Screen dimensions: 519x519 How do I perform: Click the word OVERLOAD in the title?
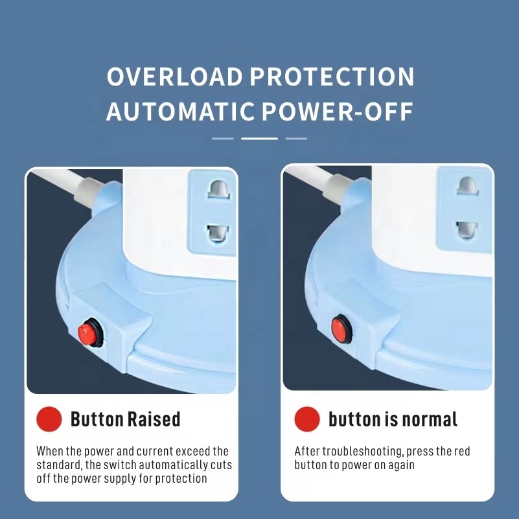[x=175, y=76]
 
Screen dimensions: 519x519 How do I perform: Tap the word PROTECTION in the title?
[x=332, y=76]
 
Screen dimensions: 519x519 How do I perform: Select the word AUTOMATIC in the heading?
[x=180, y=111]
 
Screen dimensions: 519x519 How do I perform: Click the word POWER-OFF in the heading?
[x=338, y=111]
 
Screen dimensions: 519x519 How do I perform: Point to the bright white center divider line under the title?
[x=259, y=139]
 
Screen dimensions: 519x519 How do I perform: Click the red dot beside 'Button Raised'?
[x=49, y=419]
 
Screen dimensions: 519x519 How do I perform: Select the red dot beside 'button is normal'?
[x=307, y=419]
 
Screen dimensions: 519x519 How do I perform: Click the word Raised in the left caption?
[x=154, y=419]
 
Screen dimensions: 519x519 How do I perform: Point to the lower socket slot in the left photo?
[x=218, y=233]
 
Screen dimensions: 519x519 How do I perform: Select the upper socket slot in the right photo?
[x=467, y=186]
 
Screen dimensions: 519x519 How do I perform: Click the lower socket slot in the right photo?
[x=467, y=230]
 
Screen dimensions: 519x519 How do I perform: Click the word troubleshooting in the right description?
[x=362, y=452]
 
